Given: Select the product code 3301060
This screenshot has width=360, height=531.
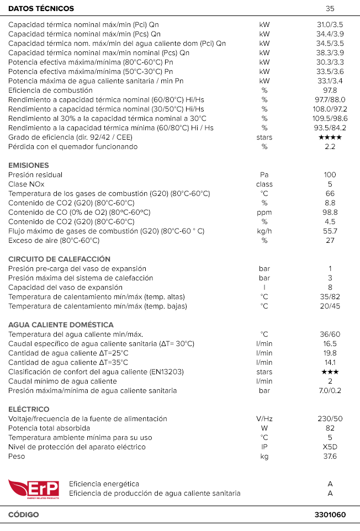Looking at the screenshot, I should (330, 515).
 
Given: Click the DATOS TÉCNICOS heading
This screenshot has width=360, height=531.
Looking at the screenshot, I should (41, 9).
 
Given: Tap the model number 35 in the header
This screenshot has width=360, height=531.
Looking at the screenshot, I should (330, 9).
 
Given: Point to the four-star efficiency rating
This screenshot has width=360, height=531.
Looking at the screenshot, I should (330, 137).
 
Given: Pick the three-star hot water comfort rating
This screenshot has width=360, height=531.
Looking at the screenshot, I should (330, 372).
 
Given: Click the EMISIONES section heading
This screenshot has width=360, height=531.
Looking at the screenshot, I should (29, 166).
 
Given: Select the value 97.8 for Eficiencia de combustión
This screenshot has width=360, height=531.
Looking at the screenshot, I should (330, 91).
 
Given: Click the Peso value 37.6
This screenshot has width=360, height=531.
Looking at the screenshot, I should (330, 456).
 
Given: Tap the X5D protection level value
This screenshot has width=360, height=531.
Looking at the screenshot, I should (330, 447).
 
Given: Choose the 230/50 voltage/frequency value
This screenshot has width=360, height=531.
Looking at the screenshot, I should (330, 419).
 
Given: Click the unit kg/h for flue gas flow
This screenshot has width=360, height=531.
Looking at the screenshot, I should (264, 231).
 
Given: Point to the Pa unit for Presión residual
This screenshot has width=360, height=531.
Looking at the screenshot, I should (264, 175).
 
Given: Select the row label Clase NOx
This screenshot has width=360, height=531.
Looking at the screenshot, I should (27, 184).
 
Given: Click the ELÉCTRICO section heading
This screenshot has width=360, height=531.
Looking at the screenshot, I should (29, 410).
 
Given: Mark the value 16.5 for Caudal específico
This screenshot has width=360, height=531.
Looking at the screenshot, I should (330, 344).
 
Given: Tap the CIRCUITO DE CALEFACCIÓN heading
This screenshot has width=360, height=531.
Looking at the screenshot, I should (59, 259).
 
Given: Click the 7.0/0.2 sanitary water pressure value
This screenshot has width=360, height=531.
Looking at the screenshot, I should (330, 391).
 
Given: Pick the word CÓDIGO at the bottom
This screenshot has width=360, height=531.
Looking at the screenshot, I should (24, 515).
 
